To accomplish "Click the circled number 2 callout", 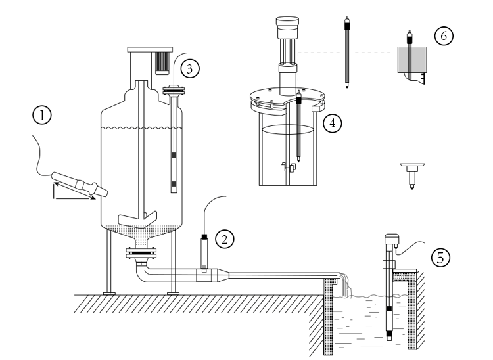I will pyautogui.click(x=225, y=238).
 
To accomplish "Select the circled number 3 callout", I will pyautogui.click(x=189, y=68).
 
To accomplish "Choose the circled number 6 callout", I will pyautogui.click(x=443, y=36).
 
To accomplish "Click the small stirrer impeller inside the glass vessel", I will pyautogui.click(x=285, y=168).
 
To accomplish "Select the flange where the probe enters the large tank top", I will pyautogui.click(x=174, y=89).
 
